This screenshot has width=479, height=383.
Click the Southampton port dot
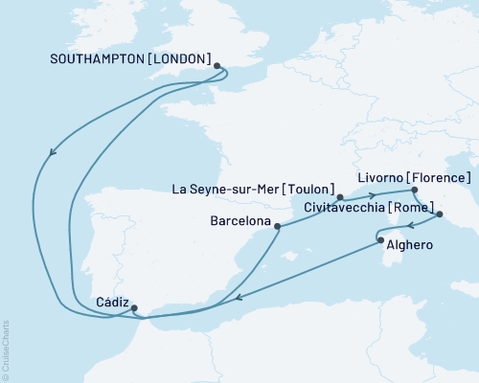coord(217,66)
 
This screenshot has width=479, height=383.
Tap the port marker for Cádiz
coord(134,308)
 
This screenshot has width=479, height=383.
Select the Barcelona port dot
coord(278,227)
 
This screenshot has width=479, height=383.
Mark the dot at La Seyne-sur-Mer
coord(340,198)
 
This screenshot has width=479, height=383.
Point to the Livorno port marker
coord(415,190)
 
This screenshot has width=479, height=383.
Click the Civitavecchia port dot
coord(440,216)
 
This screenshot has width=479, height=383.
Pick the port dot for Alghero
coord(381,241)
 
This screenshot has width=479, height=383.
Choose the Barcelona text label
coord(236,219)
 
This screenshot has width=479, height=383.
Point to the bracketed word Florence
coord(439,178)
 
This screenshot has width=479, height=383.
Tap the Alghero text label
coord(413,245)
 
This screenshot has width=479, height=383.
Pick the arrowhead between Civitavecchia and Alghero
coord(407,227)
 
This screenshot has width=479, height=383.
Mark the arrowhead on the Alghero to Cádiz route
coord(239,296)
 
